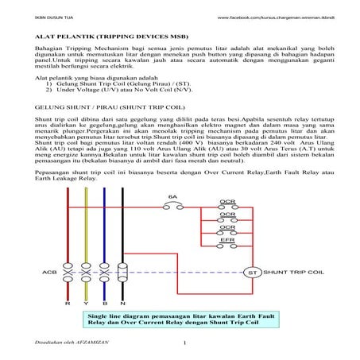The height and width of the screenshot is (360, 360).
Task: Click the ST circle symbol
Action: click(251, 273)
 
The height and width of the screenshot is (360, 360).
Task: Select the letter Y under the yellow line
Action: click(85, 304)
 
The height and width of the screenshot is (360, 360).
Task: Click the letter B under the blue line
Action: click(103, 304)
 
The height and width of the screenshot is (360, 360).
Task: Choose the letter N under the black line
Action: click(122, 304)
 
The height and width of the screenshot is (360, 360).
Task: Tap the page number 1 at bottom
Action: click(184, 343)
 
